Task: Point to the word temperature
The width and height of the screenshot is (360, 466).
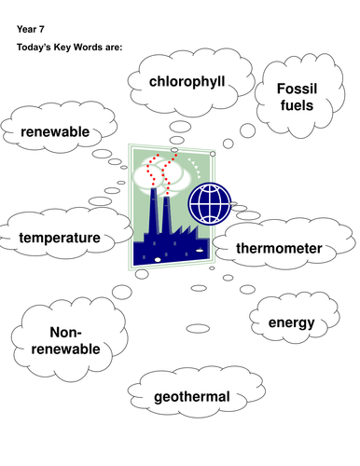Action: tap(60, 238)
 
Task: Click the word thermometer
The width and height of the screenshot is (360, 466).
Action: tap(279, 249)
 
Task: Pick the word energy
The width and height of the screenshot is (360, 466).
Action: tap(291, 322)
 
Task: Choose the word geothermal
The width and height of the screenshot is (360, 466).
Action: tap(193, 397)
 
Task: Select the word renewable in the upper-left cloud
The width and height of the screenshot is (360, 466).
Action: tap(55, 132)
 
